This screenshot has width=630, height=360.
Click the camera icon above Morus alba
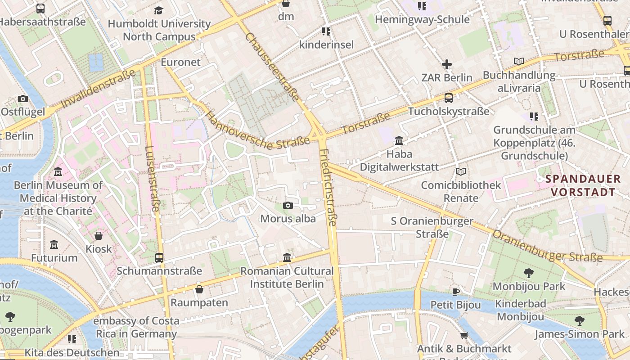[288, 206]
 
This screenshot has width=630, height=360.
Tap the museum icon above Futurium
[54, 245]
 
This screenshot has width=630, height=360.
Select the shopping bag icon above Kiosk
[99, 235]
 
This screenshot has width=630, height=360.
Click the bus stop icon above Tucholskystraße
[448, 98]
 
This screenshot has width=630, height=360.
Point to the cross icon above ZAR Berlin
[446, 64]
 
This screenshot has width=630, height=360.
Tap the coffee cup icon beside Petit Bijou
[455, 292]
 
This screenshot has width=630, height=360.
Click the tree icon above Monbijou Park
[528, 273]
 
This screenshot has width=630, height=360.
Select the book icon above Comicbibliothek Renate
[460, 171]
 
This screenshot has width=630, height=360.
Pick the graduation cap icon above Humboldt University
[159, 10]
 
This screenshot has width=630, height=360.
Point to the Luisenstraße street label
[153, 178]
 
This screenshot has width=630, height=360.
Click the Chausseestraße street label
[272, 61]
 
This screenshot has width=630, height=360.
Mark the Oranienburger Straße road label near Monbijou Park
[547, 247]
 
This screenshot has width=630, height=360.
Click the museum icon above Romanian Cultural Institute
[287, 258]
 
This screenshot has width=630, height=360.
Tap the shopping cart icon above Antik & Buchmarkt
[464, 335]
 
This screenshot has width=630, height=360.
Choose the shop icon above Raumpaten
[199, 289]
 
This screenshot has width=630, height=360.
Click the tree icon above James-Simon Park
[580, 320]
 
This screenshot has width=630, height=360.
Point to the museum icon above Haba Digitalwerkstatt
[399, 141]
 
